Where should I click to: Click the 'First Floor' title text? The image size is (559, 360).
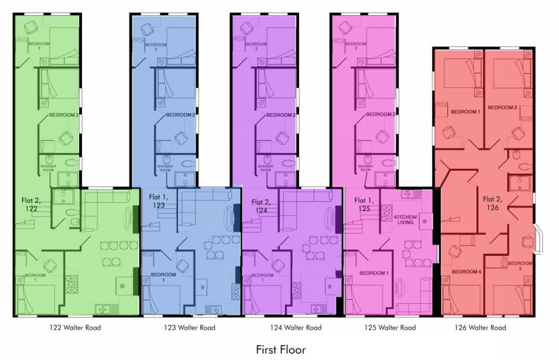click(281, 349)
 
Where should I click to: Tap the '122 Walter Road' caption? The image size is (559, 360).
click(75, 328)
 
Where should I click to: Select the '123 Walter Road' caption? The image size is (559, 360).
click(189, 328)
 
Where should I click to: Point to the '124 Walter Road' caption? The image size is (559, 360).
click(296, 328)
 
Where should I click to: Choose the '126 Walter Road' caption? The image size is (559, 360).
click(480, 328)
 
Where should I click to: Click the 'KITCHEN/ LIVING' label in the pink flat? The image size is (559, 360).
click(406, 219)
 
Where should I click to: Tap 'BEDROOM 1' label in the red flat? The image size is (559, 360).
click(465, 112)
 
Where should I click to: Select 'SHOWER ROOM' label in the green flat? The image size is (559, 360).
click(48, 168)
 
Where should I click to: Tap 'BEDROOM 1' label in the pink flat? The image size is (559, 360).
click(374, 273)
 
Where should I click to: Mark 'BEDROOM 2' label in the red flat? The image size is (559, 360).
click(502, 107)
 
